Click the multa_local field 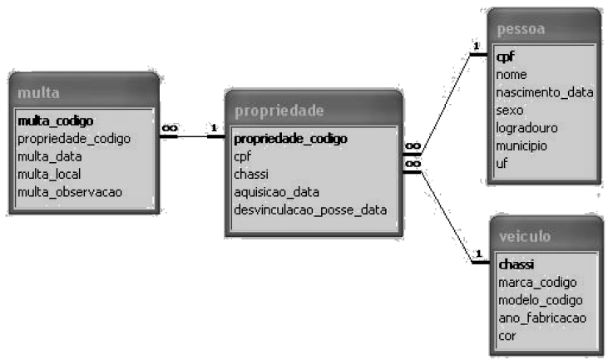pos(51,174)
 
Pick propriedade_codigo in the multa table pos(74,138)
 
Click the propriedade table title pos(279,111)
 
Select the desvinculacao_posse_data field pos(310,210)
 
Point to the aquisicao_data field pos(276,191)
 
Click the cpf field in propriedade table pos(242,155)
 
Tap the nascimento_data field pos(544,92)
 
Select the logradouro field pos(526,128)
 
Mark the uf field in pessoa pos(502,163)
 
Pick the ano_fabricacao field pos(541,318)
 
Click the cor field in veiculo pos(507,335)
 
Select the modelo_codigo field pos(540,299)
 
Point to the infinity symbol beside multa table pos(170,127)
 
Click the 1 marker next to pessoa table pos(477,47)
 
